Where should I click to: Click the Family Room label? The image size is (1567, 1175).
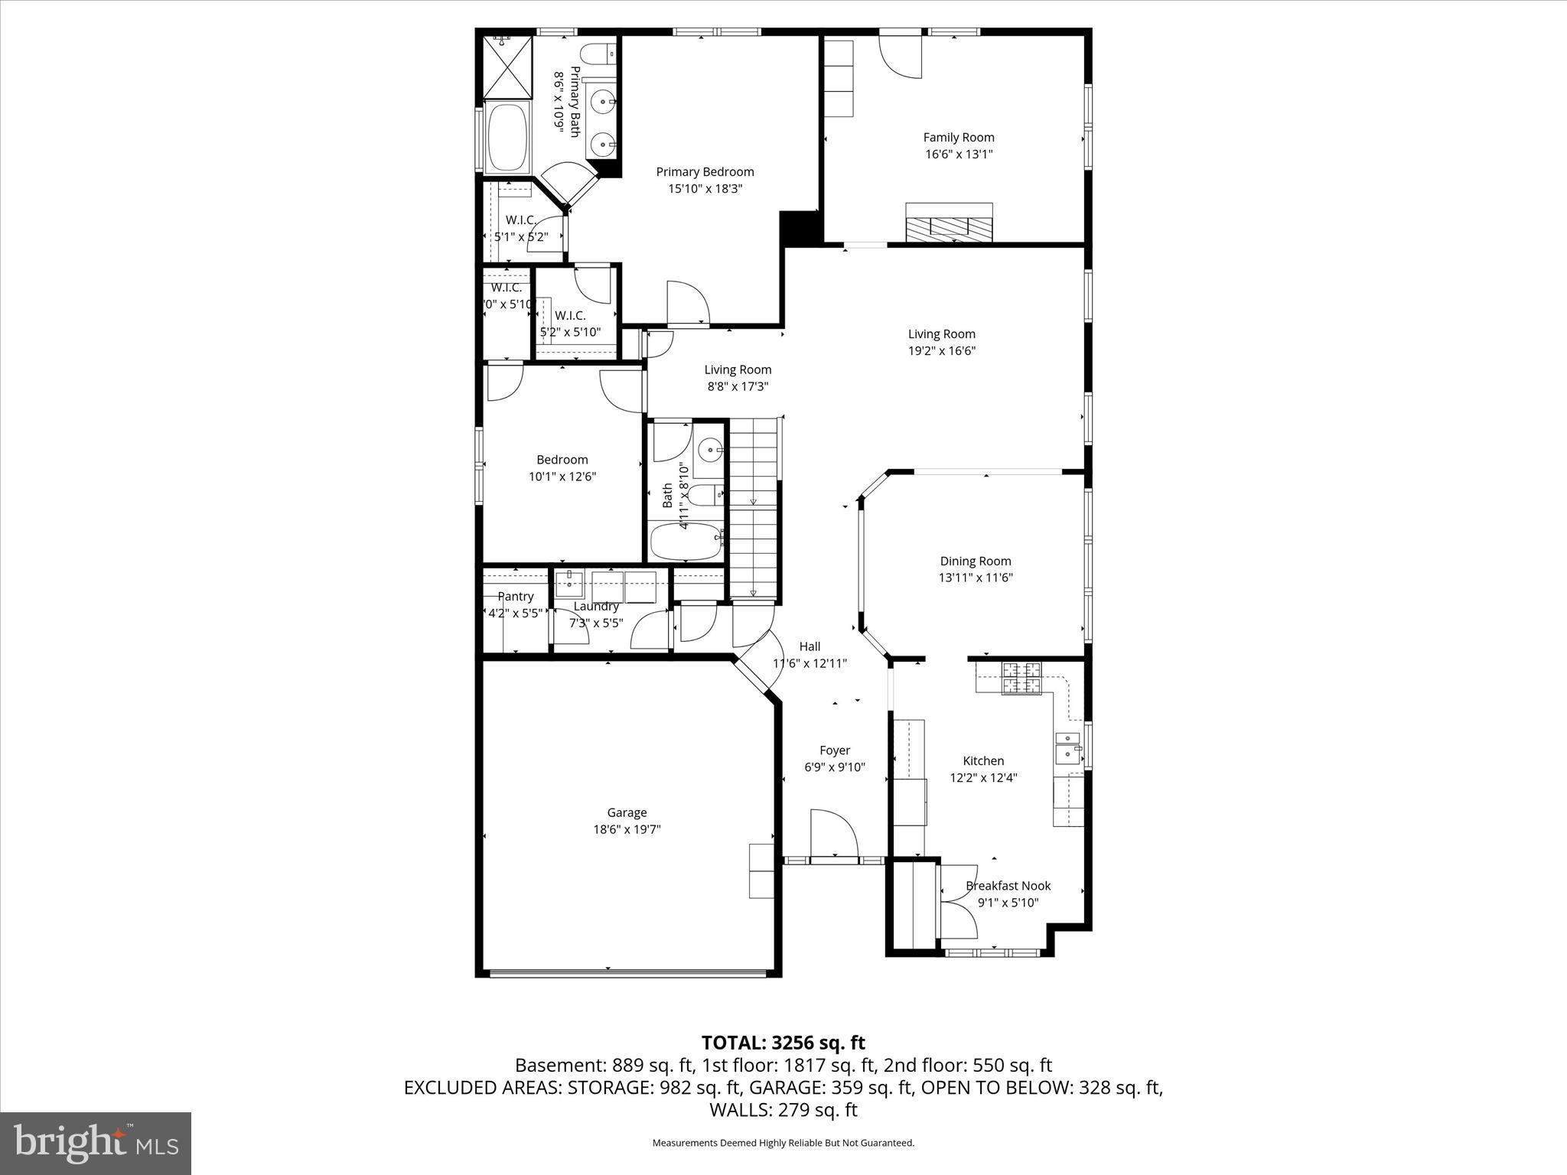tap(958, 138)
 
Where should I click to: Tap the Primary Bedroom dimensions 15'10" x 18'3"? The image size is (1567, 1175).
tap(705, 188)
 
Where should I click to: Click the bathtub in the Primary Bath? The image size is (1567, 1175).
tap(507, 137)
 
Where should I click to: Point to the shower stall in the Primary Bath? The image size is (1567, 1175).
tap(507, 67)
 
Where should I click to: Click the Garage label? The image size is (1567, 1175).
tap(627, 812)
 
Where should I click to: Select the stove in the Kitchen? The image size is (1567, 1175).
tap(1022, 678)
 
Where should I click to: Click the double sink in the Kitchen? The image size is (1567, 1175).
tap(1068, 747)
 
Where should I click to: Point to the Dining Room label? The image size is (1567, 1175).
tap(975, 561)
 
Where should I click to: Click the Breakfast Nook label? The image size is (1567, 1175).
tap(1008, 886)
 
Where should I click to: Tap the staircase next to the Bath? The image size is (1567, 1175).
tap(753, 509)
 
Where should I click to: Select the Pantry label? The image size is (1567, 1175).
tap(515, 597)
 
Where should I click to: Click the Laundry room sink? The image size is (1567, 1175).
tap(568, 584)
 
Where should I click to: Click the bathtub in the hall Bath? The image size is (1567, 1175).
tap(686, 542)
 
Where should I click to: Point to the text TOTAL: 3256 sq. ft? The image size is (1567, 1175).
tap(783, 1043)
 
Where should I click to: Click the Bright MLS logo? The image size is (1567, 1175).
tap(96, 1143)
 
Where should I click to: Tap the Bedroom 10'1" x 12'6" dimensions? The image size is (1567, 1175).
tap(562, 477)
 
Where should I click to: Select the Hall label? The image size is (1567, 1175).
tap(809, 646)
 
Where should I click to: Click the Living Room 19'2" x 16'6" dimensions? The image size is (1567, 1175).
tap(941, 351)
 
